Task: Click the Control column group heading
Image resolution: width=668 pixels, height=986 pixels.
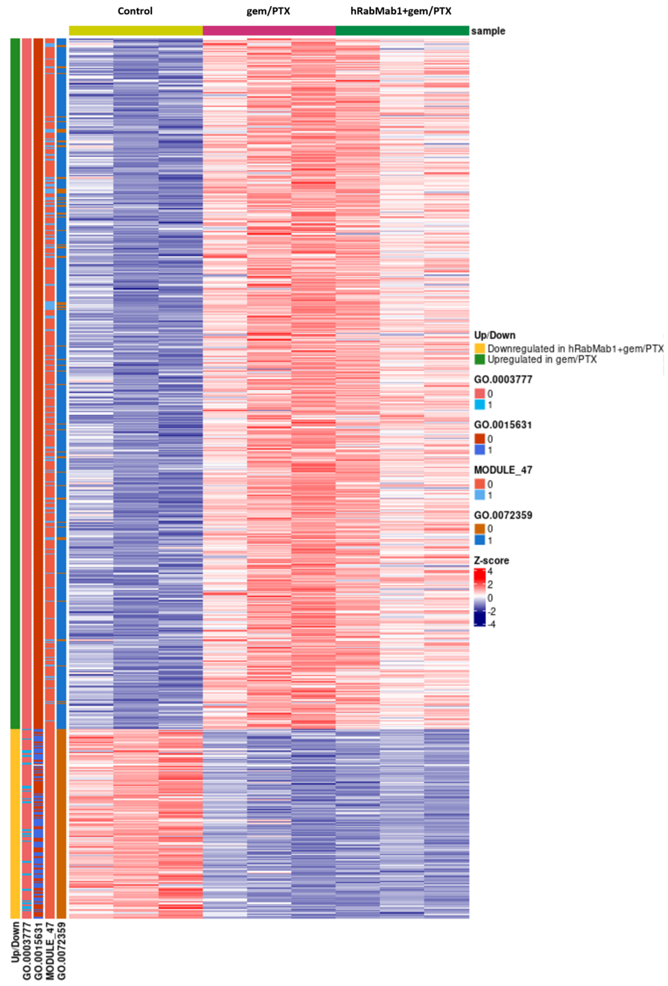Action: pyautogui.click(x=135, y=11)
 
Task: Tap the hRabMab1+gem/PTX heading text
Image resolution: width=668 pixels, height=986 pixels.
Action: pyautogui.click(x=401, y=11)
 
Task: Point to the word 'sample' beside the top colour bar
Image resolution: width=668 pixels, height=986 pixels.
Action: pyautogui.click(x=488, y=31)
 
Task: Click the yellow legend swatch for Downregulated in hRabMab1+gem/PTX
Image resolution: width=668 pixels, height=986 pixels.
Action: pyautogui.click(x=479, y=348)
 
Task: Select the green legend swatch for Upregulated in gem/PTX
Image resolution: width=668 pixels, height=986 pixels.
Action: pyautogui.click(x=479, y=359)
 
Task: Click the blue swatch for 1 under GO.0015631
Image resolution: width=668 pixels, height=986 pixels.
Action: pyautogui.click(x=479, y=450)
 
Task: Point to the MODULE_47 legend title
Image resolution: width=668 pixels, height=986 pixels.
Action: pyautogui.click(x=503, y=470)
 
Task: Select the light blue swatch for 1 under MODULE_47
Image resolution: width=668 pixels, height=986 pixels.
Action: pyautogui.click(x=479, y=495)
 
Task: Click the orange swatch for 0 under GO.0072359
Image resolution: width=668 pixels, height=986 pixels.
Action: pyautogui.click(x=479, y=529)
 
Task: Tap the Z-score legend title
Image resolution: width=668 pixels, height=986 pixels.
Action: pyautogui.click(x=491, y=560)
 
